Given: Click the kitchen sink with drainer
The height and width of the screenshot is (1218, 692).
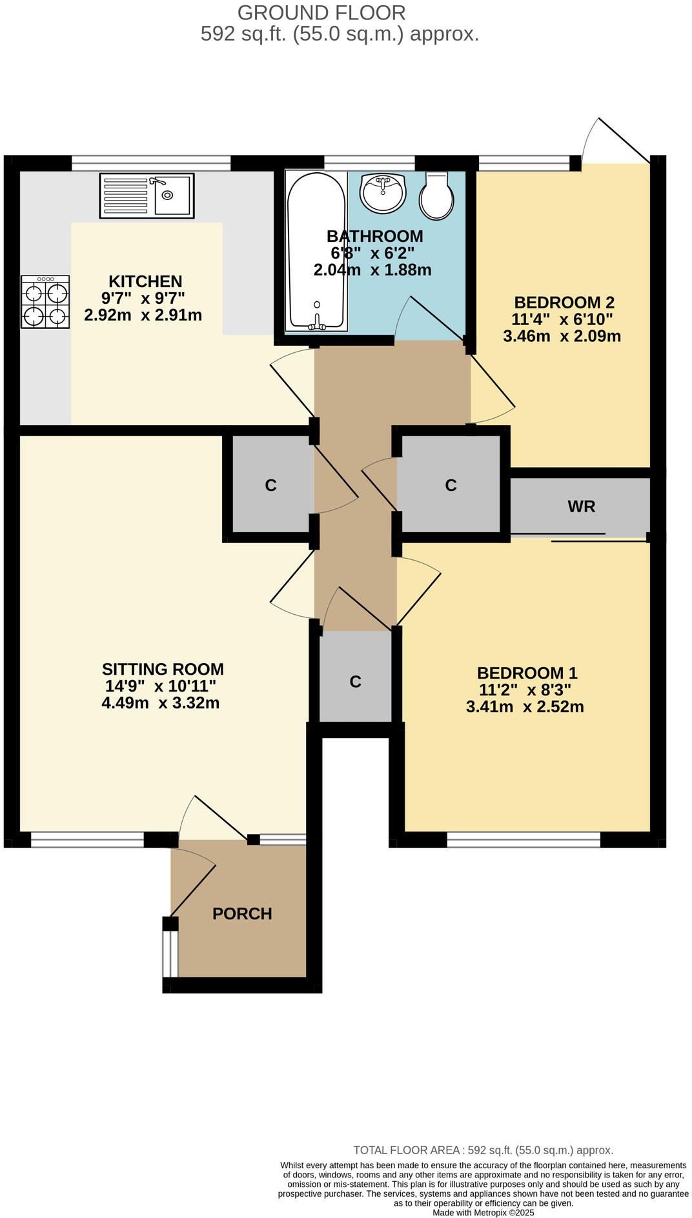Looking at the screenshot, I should [x=147, y=195].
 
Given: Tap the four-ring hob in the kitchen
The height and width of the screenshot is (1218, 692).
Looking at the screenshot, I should [x=45, y=302].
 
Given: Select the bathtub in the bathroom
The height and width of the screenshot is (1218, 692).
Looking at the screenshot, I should [x=316, y=252].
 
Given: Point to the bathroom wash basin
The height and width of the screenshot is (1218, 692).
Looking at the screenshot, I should [x=382, y=192].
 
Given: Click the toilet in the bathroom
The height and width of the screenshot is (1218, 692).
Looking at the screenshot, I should [x=436, y=196].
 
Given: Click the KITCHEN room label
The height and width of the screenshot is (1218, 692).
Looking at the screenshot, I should [x=145, y=281].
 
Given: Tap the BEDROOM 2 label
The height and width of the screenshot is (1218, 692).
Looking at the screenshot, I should [x=564, y=302].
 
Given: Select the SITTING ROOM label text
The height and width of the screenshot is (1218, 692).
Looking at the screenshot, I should [x=163, y=669].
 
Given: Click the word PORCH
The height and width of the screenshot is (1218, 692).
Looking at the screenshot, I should [x=242, y=913].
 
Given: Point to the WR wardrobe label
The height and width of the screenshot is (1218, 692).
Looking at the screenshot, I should [x=581, y=506].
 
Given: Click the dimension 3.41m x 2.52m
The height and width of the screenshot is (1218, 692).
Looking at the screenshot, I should [x=525, y=707].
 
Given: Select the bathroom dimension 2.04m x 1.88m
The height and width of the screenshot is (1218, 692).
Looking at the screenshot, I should [x=372, y=270].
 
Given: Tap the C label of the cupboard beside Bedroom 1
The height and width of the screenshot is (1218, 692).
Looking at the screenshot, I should [x=355, y=682].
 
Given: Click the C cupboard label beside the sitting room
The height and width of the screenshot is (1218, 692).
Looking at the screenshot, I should [x=270, y=486].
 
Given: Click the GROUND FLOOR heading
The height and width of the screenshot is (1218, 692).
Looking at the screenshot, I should [x=321, y=12].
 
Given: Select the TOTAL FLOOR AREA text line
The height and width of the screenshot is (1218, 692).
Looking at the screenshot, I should [x=483, y=1150].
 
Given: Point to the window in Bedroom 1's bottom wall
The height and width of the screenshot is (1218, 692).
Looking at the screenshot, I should [x=523, y=839].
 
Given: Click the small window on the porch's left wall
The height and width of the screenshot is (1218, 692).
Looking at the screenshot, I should [x=170, y=953].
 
